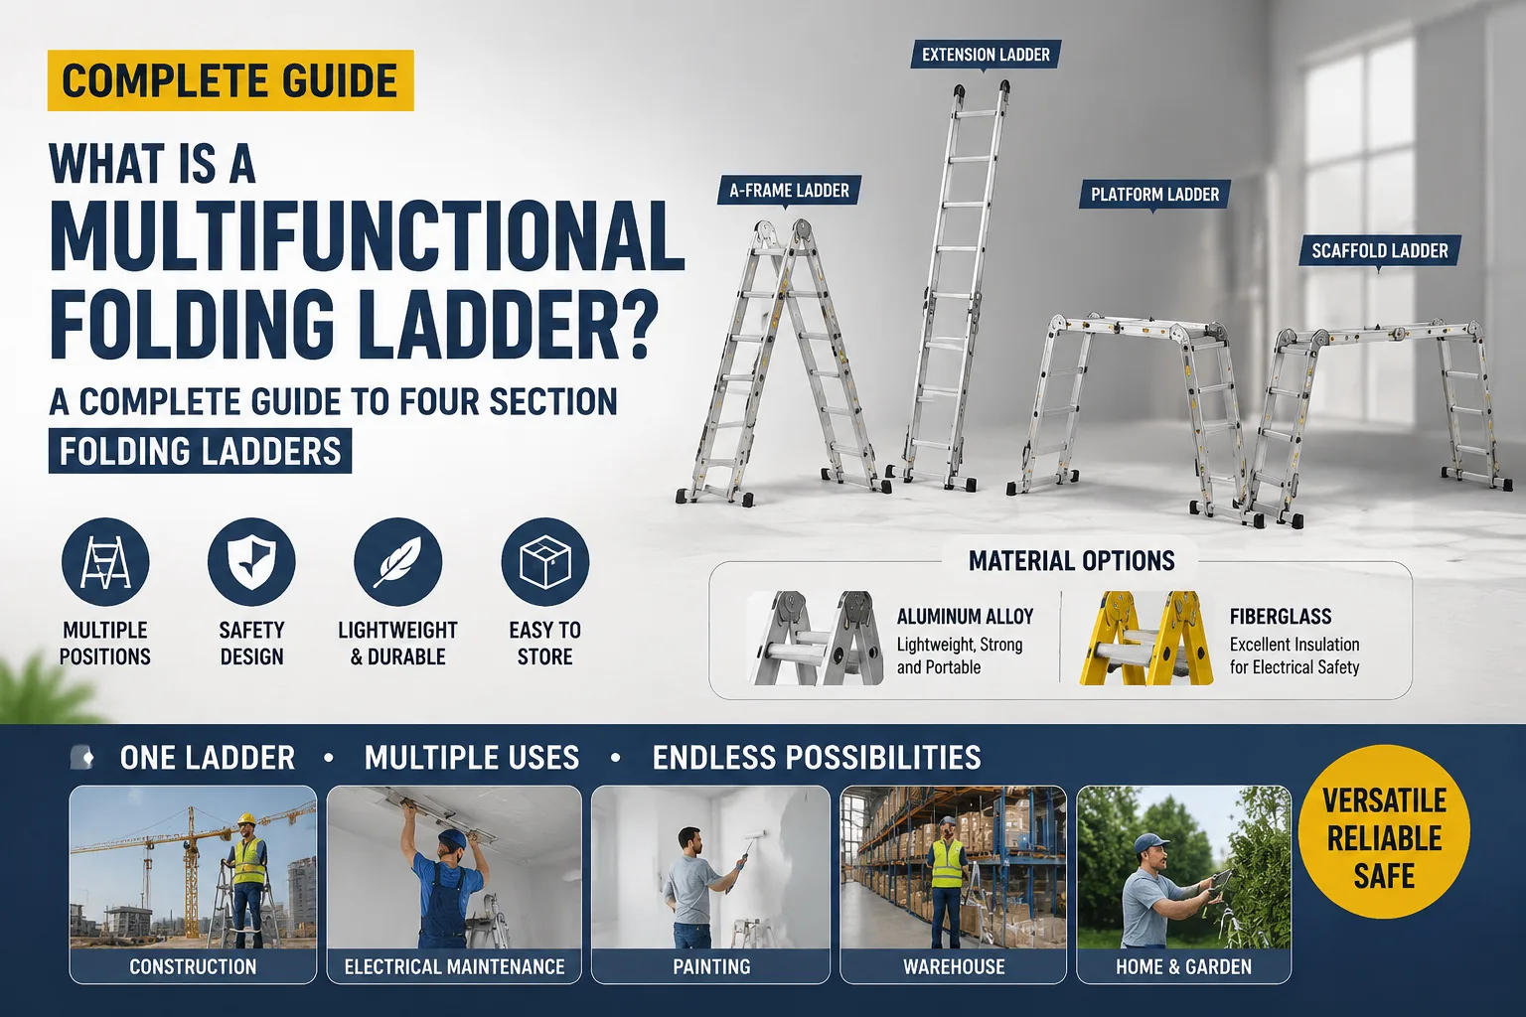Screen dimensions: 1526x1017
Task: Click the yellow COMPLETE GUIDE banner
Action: point(230,80)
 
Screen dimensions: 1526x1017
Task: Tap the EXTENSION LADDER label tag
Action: point(986,55)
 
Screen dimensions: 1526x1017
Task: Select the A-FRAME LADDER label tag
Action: point(790,190)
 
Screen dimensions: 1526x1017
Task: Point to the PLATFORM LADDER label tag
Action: point(1154,195)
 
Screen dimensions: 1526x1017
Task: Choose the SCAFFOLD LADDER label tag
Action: point(1380,250)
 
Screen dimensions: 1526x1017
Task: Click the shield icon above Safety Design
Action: point(251,562)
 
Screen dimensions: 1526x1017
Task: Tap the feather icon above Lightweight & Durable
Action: point(397,562)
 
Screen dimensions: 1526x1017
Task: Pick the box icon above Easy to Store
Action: point(545,562)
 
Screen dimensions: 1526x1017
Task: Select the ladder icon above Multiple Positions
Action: point(105,562)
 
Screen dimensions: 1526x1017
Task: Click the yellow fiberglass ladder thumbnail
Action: point(1146,638)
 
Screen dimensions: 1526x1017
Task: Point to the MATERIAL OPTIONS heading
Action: point(1072,560)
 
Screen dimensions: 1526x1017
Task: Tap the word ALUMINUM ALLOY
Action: point(965,617)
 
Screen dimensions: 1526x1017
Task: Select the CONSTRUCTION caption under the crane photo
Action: point(193,966)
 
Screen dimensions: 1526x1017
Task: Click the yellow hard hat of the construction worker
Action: point(246,818)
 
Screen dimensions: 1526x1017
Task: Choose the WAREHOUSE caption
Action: point(954,966)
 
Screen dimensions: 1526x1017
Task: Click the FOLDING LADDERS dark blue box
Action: point(201,451)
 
